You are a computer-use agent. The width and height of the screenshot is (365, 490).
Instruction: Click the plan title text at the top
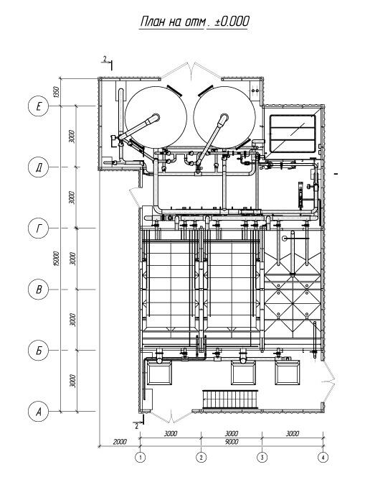coord(194,22)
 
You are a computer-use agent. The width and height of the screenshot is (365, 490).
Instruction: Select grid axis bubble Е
coord(39,106)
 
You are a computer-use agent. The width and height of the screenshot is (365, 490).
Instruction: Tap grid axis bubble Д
coord(39,167)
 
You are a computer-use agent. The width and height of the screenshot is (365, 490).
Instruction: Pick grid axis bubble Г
coord(39,228)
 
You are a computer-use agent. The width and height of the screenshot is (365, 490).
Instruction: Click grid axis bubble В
coord(39,290)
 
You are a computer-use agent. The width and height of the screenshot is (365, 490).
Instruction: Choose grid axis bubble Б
coord(39,351)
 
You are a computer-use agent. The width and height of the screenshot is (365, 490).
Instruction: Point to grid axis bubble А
coord(39,412)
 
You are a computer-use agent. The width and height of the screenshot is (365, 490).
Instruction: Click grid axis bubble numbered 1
coord(141,458)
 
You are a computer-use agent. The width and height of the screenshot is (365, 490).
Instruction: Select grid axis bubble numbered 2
coord(202,458)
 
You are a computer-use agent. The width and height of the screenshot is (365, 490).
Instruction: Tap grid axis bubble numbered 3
coord(262,458)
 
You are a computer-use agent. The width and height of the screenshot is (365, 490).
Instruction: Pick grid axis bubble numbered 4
coord(323,458)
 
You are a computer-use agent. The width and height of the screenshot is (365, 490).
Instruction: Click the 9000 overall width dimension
coord(232,442)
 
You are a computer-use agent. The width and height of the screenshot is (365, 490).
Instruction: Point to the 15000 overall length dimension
coord(56,259)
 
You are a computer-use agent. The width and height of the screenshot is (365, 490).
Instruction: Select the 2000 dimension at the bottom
coord(120,442)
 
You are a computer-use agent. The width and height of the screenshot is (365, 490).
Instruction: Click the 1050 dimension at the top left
coord(56,92)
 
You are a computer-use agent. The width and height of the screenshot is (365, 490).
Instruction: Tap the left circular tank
coord(156,117)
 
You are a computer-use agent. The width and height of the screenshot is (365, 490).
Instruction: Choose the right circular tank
coord(224,117)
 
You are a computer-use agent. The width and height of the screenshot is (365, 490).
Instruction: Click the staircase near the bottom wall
coord(230,399)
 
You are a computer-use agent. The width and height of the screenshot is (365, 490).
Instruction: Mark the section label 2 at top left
coord(105,58)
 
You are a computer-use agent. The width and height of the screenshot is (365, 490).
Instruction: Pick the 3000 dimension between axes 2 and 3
coord(232,434)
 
